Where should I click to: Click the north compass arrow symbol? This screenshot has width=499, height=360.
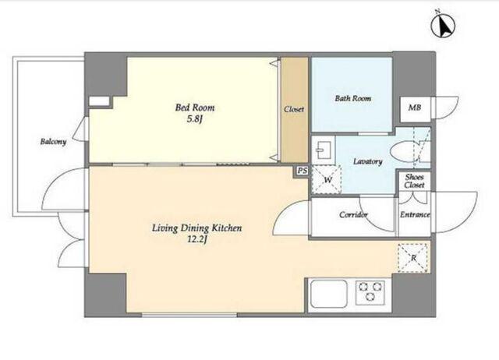[443, 25]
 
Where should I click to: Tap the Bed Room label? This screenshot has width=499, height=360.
[195, 108]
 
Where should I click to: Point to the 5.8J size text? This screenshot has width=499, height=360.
[195, 119]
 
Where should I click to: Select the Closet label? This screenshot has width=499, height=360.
[294, 109]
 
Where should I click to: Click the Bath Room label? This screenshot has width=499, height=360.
[353, 98]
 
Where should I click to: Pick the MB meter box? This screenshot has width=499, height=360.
[415, 109]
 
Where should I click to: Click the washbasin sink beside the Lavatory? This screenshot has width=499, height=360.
[323, 150]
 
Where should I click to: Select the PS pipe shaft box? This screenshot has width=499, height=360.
[303, 171]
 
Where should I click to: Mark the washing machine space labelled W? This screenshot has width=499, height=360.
[327, 180]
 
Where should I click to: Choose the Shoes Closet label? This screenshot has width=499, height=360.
[414, 181]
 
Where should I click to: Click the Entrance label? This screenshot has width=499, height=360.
[415, 214]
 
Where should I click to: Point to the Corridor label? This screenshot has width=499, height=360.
[353, 214]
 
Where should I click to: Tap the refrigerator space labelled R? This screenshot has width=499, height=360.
[412, 258]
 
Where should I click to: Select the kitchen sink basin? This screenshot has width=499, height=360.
[329, 294]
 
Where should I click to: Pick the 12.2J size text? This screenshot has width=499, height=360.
[197, 240]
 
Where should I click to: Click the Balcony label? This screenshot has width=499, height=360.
[53, 142]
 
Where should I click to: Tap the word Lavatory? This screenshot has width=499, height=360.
[367, 161]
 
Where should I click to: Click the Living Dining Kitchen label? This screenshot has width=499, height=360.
[196, 228]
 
